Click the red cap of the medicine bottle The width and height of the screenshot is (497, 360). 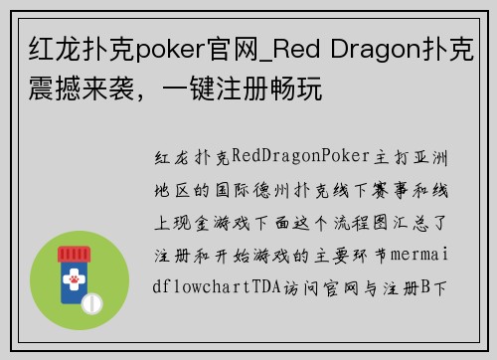click(81, 255)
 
